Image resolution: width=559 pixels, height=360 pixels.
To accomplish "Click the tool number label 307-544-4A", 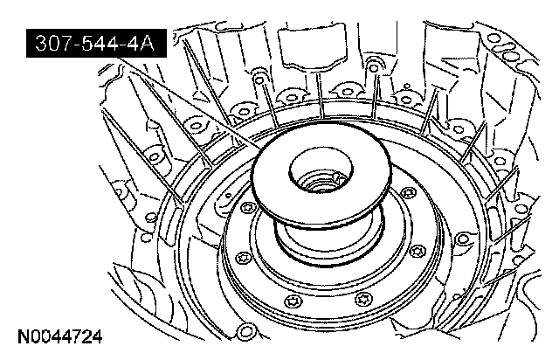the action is (x=96, y=44).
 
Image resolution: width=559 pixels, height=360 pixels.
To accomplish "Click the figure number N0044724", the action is (x=60, y=336).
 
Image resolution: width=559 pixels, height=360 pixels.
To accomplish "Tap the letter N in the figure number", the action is (x=24, y=336).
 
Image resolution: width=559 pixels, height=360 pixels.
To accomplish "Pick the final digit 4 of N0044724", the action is (x=97, y=336).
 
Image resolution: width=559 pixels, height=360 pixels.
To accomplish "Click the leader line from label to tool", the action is (x=190, y=104).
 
